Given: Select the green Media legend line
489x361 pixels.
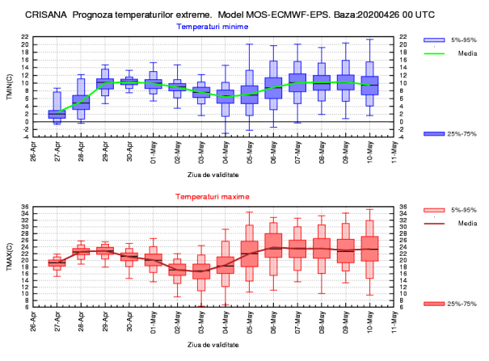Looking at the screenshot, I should click(x=435, y=54).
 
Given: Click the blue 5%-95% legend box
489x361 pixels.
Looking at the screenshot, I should click(x=435, y=40).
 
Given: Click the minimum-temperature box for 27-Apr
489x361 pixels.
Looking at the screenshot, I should click(x=57, y=114).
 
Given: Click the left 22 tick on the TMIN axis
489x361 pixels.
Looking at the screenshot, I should click(x=25, y=36).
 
